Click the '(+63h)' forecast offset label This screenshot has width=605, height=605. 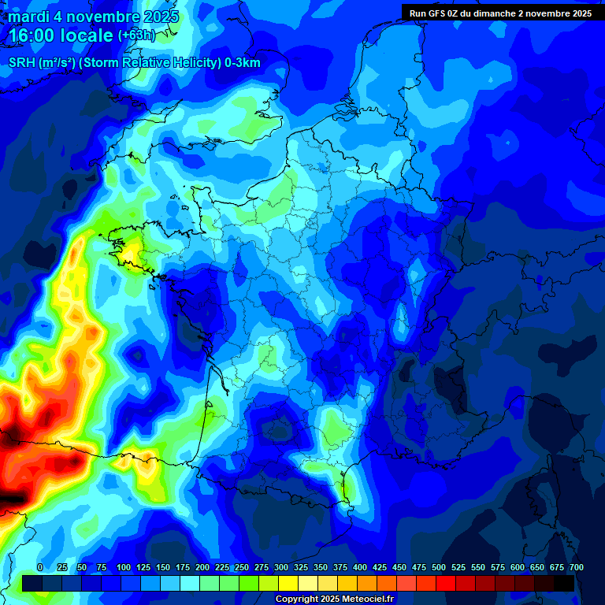[137, 35]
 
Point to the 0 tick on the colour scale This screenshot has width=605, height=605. [40, 567]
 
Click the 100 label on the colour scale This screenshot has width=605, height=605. [124, 567]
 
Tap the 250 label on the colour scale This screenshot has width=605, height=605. [242, 567]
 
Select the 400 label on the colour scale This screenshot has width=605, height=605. [360, 567]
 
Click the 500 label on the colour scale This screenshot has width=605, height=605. [439, 567]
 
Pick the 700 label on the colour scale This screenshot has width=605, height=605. [577, 567]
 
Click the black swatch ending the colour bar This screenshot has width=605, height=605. [564, 583]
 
